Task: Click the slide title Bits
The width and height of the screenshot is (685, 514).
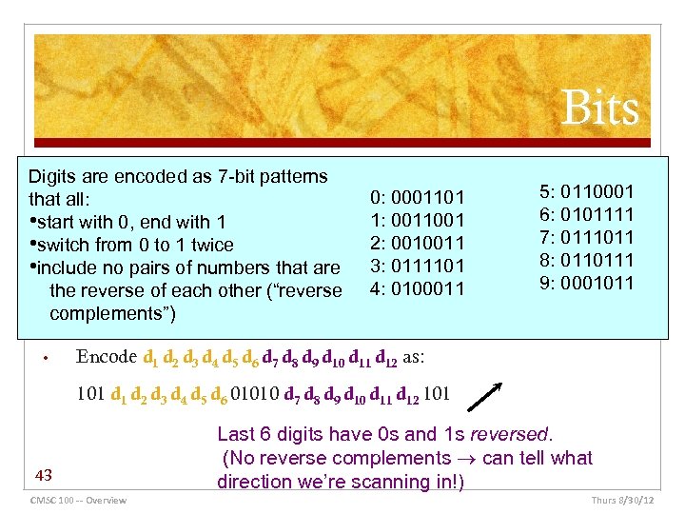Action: click(598, 109)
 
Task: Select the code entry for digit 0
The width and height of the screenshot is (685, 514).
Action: click(417, 199)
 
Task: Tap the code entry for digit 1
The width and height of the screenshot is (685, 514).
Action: click(417, 220)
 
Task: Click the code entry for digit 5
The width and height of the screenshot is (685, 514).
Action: click(585, 191)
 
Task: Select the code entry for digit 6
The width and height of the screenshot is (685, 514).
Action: click(585, 214)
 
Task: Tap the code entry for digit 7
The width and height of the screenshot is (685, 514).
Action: click(585, 237)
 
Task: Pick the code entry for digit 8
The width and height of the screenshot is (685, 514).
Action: click(585, 260)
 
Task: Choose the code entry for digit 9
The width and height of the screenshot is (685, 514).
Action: click(585, 283)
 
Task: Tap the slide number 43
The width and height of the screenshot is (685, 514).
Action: click(43, 473)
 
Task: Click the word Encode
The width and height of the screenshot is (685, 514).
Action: click(106, 358)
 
